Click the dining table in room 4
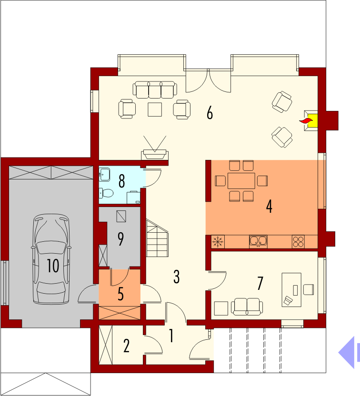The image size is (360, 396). (241, 181)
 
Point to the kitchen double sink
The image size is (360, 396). (258, 241)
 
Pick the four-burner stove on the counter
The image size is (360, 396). (298, 241)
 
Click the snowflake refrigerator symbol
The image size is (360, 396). (218, 242)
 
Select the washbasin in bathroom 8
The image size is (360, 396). (104, 174)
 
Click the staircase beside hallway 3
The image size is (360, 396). (157, 238)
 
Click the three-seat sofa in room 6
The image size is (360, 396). (155, 89)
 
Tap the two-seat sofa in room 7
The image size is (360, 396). (247, 307)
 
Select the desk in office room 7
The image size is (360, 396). (291, 290)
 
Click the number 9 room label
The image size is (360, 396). (121, 239)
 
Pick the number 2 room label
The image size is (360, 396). (126, 346)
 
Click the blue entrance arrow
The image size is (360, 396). (349, 353)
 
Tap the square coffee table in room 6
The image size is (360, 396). (155, 109)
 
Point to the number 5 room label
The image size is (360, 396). (121, 294)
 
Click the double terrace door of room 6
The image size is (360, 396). (208, 80)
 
